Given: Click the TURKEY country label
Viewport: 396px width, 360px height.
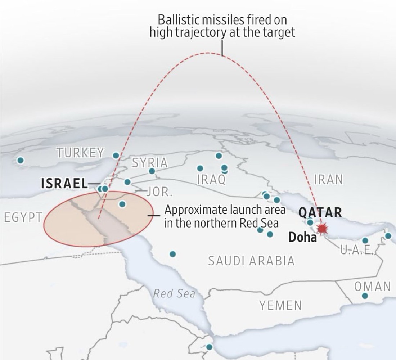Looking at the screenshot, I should (x=80, y=153).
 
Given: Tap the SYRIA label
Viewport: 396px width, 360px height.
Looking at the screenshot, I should (x=150, y=163).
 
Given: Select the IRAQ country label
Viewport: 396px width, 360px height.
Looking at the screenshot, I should (x=211, y=179).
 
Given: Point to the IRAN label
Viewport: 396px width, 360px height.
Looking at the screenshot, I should (x=328, y=179).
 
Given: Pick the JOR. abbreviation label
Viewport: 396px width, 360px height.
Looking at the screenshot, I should (x=159, y=192).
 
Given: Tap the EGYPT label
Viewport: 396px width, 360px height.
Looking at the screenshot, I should (x=23, y=217).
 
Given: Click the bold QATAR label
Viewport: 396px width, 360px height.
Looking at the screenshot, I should (x=320, y=213).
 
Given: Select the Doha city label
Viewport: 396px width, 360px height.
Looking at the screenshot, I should (x=303, y=237).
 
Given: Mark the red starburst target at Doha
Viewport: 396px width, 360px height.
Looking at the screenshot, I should (x=321, y=228).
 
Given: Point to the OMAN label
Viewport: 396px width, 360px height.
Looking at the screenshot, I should (x=372, y=286).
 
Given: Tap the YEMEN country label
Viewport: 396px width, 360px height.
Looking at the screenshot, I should (x=280, y=305).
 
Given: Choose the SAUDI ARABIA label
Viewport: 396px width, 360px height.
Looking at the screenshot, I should (x=251, y=261).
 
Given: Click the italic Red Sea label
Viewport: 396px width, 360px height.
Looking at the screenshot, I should (x=174, y=293).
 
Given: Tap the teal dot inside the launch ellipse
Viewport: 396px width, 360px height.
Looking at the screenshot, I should (x=122, y=204).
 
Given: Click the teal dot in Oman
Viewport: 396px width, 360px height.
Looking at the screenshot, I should (x=365, y=296).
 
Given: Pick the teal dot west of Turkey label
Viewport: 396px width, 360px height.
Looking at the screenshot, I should (x=21, y=160).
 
